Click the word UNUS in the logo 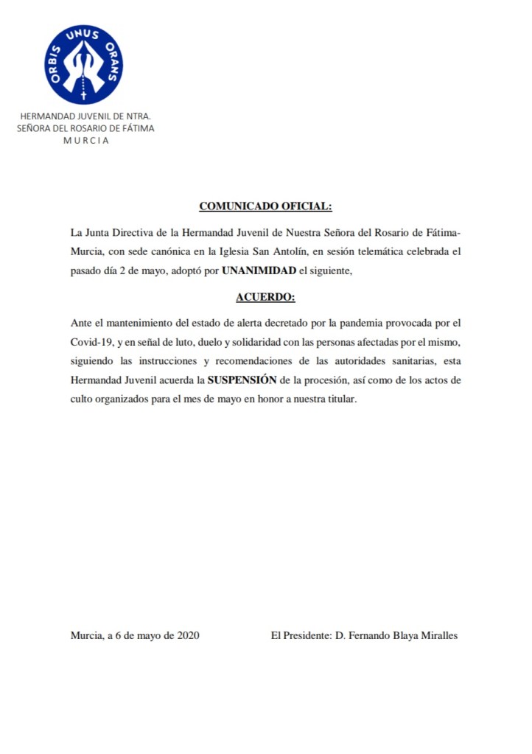(83, 34)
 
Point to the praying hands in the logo (83, 69)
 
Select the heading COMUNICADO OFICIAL (265, 206)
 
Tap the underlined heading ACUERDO (265, 297)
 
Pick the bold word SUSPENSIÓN (241, 380)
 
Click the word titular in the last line (340, 399)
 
